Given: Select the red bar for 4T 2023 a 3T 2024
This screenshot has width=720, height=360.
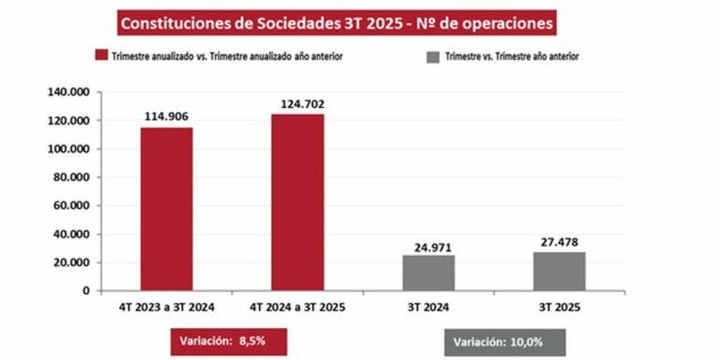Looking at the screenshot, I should click(x=167, y=208).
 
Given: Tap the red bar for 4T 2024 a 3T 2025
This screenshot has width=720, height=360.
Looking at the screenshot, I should click(x=297, y=202).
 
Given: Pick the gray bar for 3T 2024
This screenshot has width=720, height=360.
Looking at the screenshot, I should click(x=428, y=272).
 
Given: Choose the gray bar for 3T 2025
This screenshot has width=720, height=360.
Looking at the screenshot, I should click(x=560, y=270).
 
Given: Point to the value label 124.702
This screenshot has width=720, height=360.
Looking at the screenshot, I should click(x=297, y=103).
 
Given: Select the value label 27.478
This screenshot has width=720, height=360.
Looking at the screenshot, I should click(x=560, y=241).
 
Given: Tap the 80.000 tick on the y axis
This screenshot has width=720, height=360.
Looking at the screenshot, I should click(x=70, y=177).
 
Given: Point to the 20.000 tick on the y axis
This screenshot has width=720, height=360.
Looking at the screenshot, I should click(x=70, y=262).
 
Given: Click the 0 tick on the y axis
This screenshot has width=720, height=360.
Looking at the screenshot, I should click(x=85, y=291).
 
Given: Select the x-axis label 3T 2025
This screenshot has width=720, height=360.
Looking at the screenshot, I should click(x=560, y=307).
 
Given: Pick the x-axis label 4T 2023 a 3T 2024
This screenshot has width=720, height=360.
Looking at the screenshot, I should click(x=167, y=307).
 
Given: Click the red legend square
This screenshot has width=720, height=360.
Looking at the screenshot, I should click(x=98, y=57).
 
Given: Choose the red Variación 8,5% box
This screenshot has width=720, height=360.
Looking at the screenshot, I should click(x=213, y=342).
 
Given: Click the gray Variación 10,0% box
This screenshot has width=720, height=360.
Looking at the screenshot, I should click(x=497, y=342).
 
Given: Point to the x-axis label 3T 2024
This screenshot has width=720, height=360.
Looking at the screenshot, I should click(x=428, y=307).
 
